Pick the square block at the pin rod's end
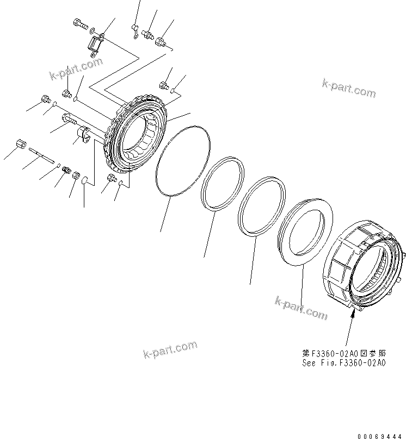click(x=21, y=145)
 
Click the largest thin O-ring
click(x=182, y=160)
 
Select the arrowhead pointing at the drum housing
click(x=353, y=316)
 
